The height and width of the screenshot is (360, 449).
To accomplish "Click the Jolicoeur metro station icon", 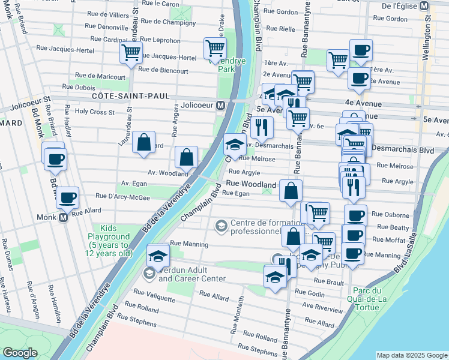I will click(221, 106).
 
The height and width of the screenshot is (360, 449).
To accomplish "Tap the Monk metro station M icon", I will click(64, 218).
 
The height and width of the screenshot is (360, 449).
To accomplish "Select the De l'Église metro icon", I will click(424, 5).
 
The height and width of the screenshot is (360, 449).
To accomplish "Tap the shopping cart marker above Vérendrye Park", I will click(214, 47).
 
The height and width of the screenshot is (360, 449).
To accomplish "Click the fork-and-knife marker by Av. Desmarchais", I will click(262, 127).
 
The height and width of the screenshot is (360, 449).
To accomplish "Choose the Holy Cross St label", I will click(94, 112).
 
